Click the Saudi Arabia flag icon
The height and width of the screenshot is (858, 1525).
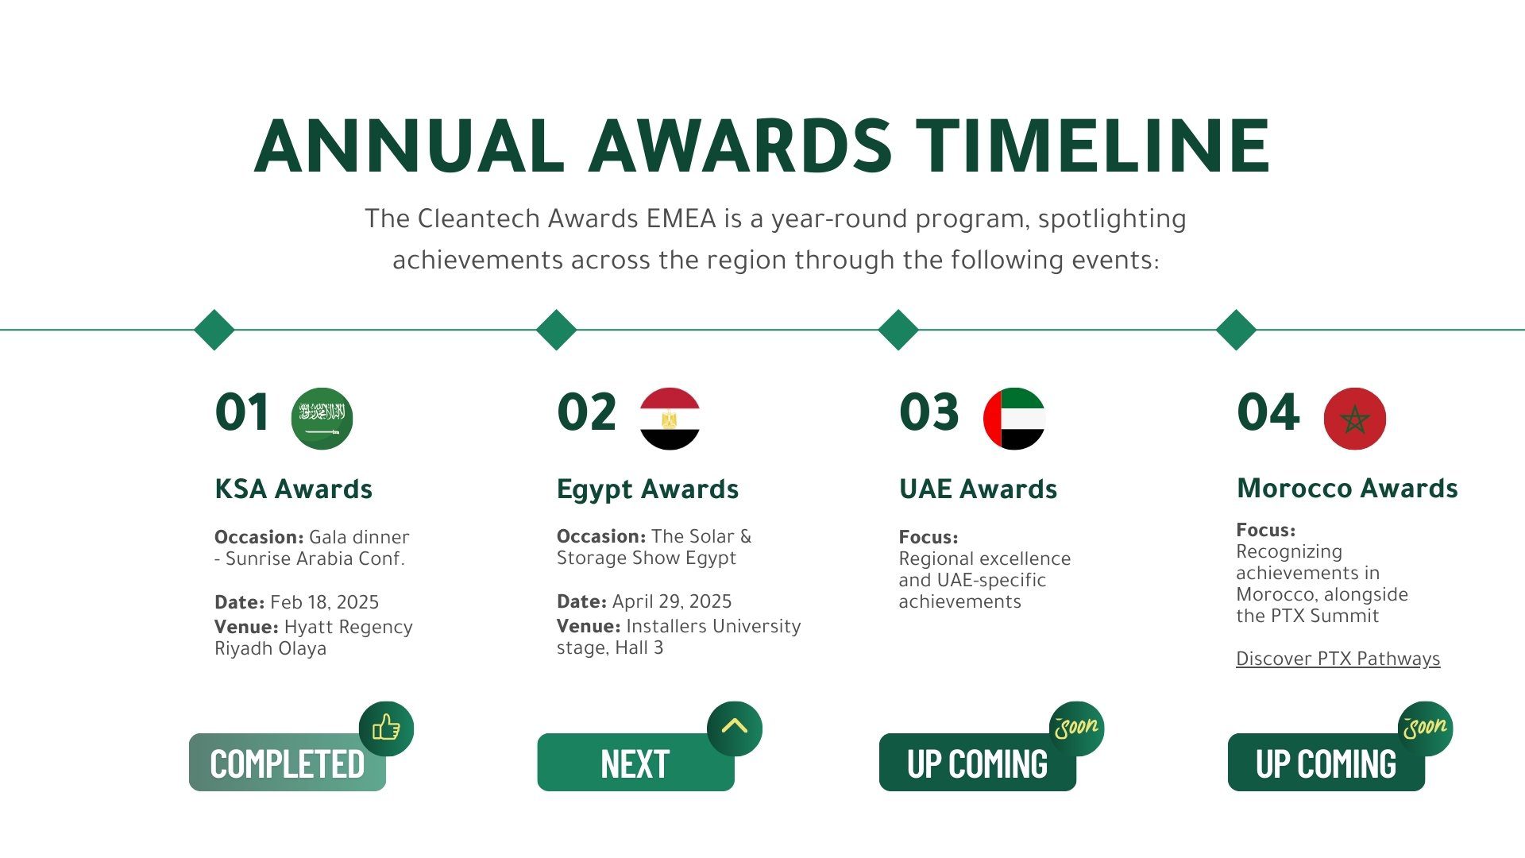322,419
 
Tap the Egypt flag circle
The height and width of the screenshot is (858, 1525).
670,419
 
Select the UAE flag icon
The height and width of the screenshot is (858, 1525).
1014,419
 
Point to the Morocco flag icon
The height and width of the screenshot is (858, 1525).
1355,419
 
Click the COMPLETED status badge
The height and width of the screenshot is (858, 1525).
288,763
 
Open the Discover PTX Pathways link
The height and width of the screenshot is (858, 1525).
1338,659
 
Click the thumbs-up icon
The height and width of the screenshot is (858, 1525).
386,728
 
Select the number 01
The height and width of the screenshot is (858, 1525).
242,412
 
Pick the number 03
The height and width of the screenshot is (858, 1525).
929,412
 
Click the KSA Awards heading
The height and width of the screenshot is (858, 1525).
294,489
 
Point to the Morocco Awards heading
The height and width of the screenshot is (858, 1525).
1347,488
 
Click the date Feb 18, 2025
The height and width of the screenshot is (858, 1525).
324,602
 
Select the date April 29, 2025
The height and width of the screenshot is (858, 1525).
672,601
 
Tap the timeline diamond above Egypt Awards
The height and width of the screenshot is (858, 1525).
556,330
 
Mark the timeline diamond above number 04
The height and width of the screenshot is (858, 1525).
1236,330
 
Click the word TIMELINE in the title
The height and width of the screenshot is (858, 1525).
1093,146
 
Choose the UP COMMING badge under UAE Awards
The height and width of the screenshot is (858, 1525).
978,763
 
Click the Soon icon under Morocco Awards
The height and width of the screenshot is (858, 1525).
1425,728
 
